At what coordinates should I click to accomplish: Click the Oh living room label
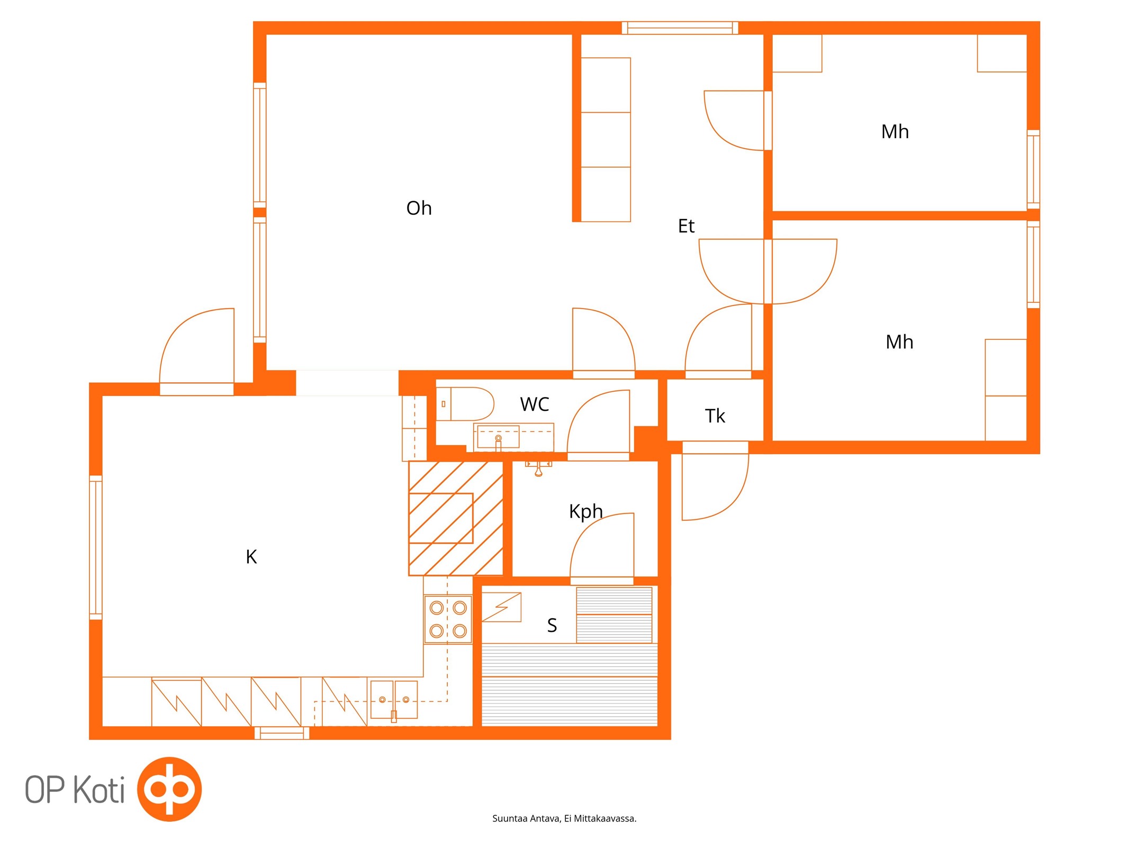pos(419,208)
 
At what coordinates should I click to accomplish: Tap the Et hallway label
pos(686,226)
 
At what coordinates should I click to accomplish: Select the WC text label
pos(535,404)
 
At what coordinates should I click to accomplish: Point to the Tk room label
pos(715,416)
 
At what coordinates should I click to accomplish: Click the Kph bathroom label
pos(586,512)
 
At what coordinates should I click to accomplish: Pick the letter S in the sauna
pos(552,626)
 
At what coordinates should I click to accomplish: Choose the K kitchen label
pos(251,557)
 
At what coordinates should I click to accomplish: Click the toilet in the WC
pos(465,404)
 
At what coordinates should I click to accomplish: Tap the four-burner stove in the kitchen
pos(448,619)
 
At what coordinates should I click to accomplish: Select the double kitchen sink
pos(394,700)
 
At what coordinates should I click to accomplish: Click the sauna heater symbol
pos(502,607)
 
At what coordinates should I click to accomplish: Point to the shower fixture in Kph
pos(539,468)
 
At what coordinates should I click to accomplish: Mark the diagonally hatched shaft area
pos(456,518)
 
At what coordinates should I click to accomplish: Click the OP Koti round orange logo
pos(169,789)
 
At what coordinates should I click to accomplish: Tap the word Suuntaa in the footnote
pos(510,819)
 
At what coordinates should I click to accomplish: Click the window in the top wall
pos(680,28)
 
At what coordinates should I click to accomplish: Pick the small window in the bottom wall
pos(282,733)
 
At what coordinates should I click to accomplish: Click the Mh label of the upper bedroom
pos(895,132)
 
